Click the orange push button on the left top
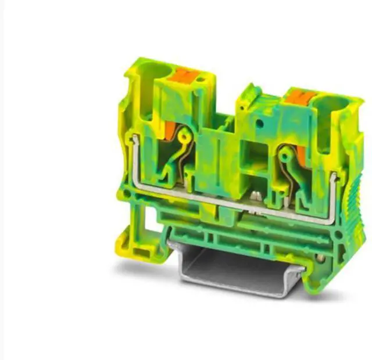click(184, 75)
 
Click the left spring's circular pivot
click(185, 136)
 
